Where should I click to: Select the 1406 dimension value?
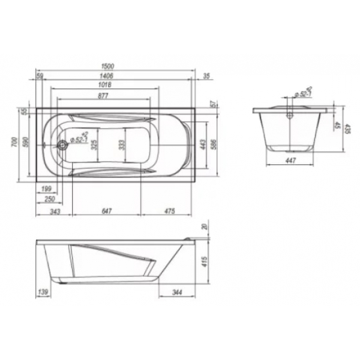108,77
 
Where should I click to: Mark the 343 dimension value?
54,211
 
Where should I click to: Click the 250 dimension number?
47,200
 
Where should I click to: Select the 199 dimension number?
46,189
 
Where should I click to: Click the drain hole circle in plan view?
61,144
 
